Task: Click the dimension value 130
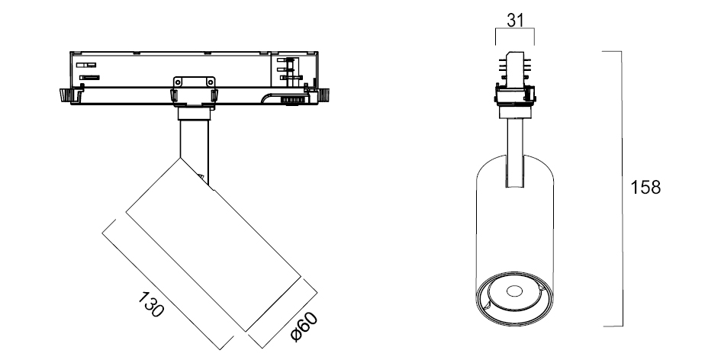[x=151, y=304]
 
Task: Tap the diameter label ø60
[x=304, y=326]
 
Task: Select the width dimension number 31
[x=515, y=21]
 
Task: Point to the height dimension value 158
[x=645, y=188]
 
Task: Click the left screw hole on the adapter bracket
[x=179, y=82]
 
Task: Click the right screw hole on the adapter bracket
[x=211, y=82]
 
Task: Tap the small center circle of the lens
[x=514, y=291]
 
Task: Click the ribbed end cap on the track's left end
[x=64, y=95]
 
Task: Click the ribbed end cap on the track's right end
[x=324, y=95]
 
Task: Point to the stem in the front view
[x=515, y=153]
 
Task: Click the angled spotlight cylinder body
[x=214, y=244]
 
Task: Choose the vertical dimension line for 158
[x=622, y=188]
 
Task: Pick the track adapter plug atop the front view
[x=515, y=69]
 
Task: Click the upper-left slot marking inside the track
[x=86, y=66]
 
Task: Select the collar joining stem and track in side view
[x=194, y=113]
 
